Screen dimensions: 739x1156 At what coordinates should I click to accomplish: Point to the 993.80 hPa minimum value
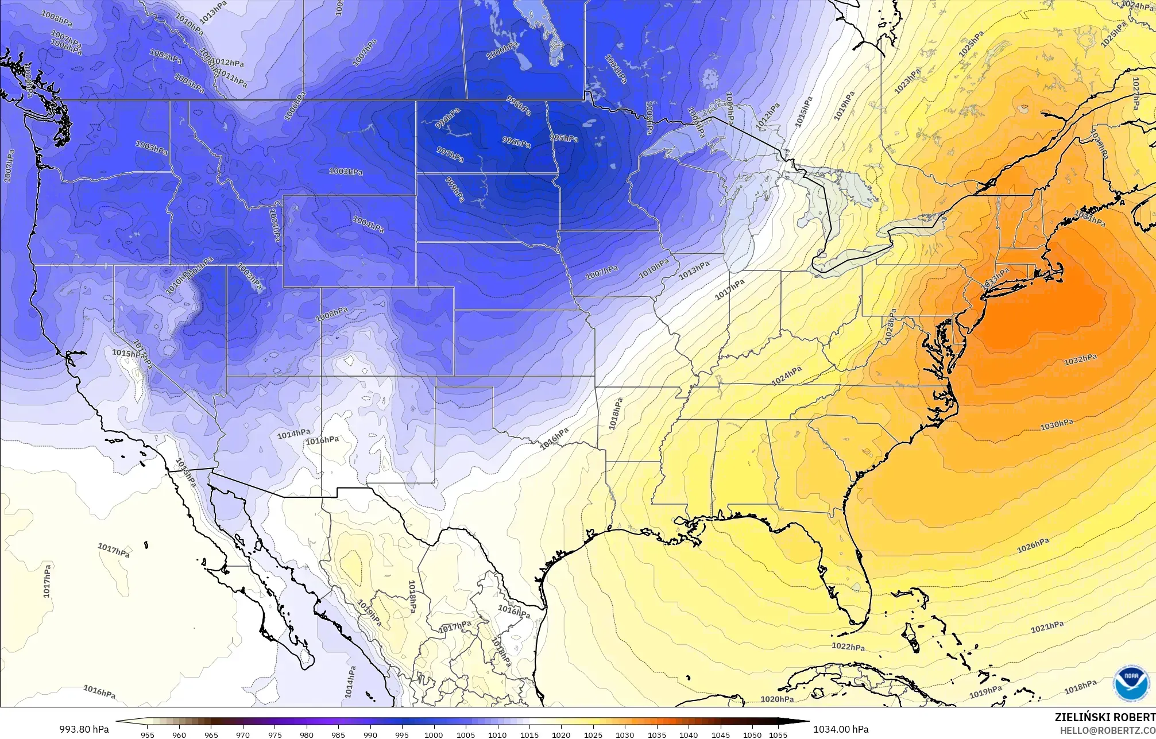(x=84, y=729)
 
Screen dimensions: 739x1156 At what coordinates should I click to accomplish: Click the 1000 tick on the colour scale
(x=433, y=734)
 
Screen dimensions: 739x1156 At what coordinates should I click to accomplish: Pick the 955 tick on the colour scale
(x=148, y=734)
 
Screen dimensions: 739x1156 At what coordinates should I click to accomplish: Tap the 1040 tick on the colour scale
(x=688, y=734)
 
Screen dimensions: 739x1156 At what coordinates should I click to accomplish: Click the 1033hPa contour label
(x=995, y=278)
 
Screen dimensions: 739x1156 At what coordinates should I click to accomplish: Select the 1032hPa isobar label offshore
(x=1080, y=359)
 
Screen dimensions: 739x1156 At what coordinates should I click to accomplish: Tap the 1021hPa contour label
(x=1047, y=628)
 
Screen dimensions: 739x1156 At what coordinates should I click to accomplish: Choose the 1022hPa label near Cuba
(x=848, y=647)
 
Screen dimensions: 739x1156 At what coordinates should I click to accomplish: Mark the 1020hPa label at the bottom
(x=777, y=699)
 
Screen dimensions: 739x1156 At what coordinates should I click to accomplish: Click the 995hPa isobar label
(x=564, y=138)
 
